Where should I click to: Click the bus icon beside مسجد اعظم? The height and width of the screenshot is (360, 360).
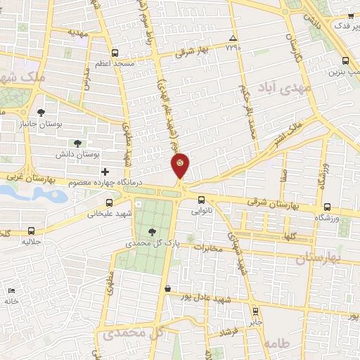click(x=115, y=52)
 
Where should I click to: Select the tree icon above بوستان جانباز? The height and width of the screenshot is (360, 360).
click(x=41, y=112)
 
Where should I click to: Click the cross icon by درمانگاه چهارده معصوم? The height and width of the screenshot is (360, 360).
click(x=105, y=172)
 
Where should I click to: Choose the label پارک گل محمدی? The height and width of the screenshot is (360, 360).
click(x=148, y=243)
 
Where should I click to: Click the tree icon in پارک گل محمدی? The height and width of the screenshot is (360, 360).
click(x=153, y=231)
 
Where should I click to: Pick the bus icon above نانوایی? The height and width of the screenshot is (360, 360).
click(x=202, y=200)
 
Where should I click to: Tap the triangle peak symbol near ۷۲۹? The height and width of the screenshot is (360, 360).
click(x=233, y=38)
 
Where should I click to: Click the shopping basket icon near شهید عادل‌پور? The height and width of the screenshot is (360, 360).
click(x=167, y=288)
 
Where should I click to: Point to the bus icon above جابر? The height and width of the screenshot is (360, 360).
click(x=255, y=310)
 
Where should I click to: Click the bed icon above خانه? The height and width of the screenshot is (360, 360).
click(x=11, y=291)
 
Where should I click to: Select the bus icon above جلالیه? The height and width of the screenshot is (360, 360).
click(x=31, y=231)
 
